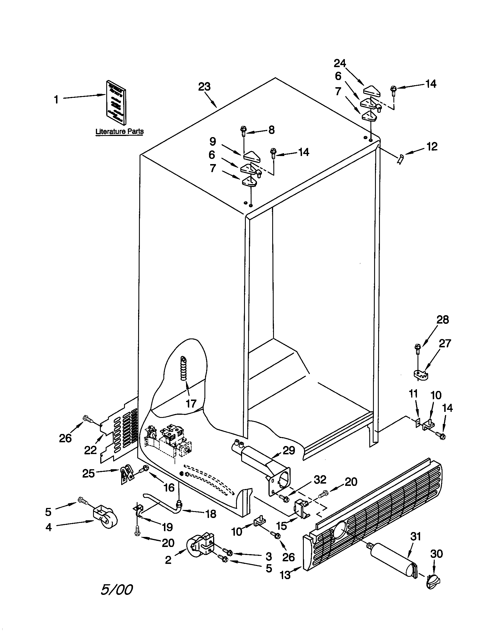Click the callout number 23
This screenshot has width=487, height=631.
[204, 87]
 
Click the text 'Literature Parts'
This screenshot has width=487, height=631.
[119, 131]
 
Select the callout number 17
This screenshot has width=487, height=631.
[191, 403]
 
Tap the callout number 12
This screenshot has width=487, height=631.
[432, 147]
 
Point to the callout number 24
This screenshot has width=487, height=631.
[340, 63]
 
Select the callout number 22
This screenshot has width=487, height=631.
[90, 450]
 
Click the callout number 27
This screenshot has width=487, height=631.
[445, 343]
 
